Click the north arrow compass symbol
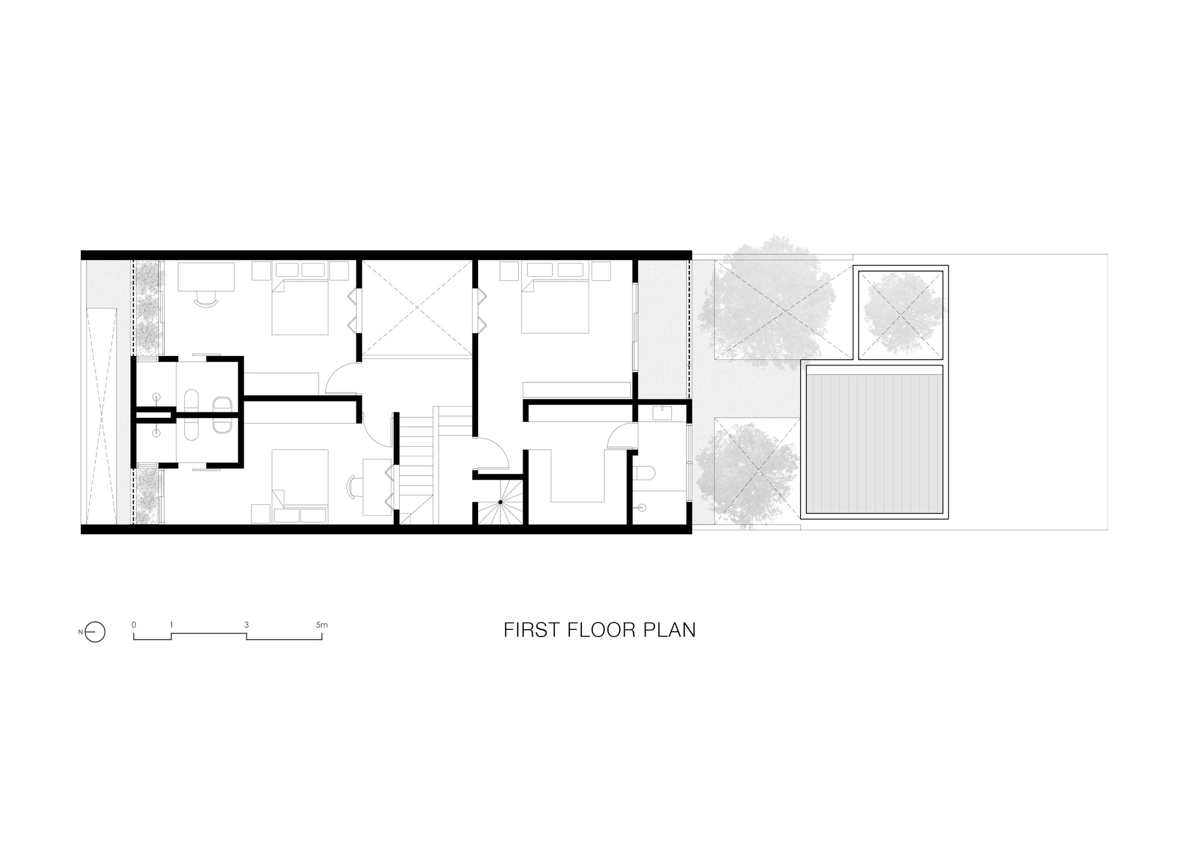click(x=95, y=632)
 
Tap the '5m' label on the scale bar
click(x=322, y=625)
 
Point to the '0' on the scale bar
click(x=134, y=625)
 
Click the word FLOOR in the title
click(x=595, y=630)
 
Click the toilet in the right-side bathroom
click(x=646, y=475)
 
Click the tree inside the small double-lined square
click(x=900, y=315)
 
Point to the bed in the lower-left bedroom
click(x=300, y=486)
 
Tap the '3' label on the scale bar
click(x=247, y=625)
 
